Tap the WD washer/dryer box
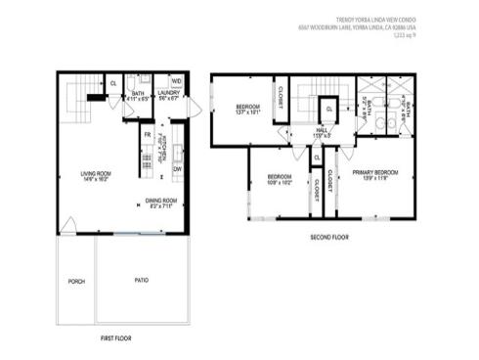pyautogui.click(x=177, y=81)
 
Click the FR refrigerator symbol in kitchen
pyautogui.click(x=147, y=134)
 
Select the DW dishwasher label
pyautogui.click(x=177, y=169)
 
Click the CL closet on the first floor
pyautogui.click(x=113, y=84)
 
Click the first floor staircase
pyautogui.click(x=78, y=98)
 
